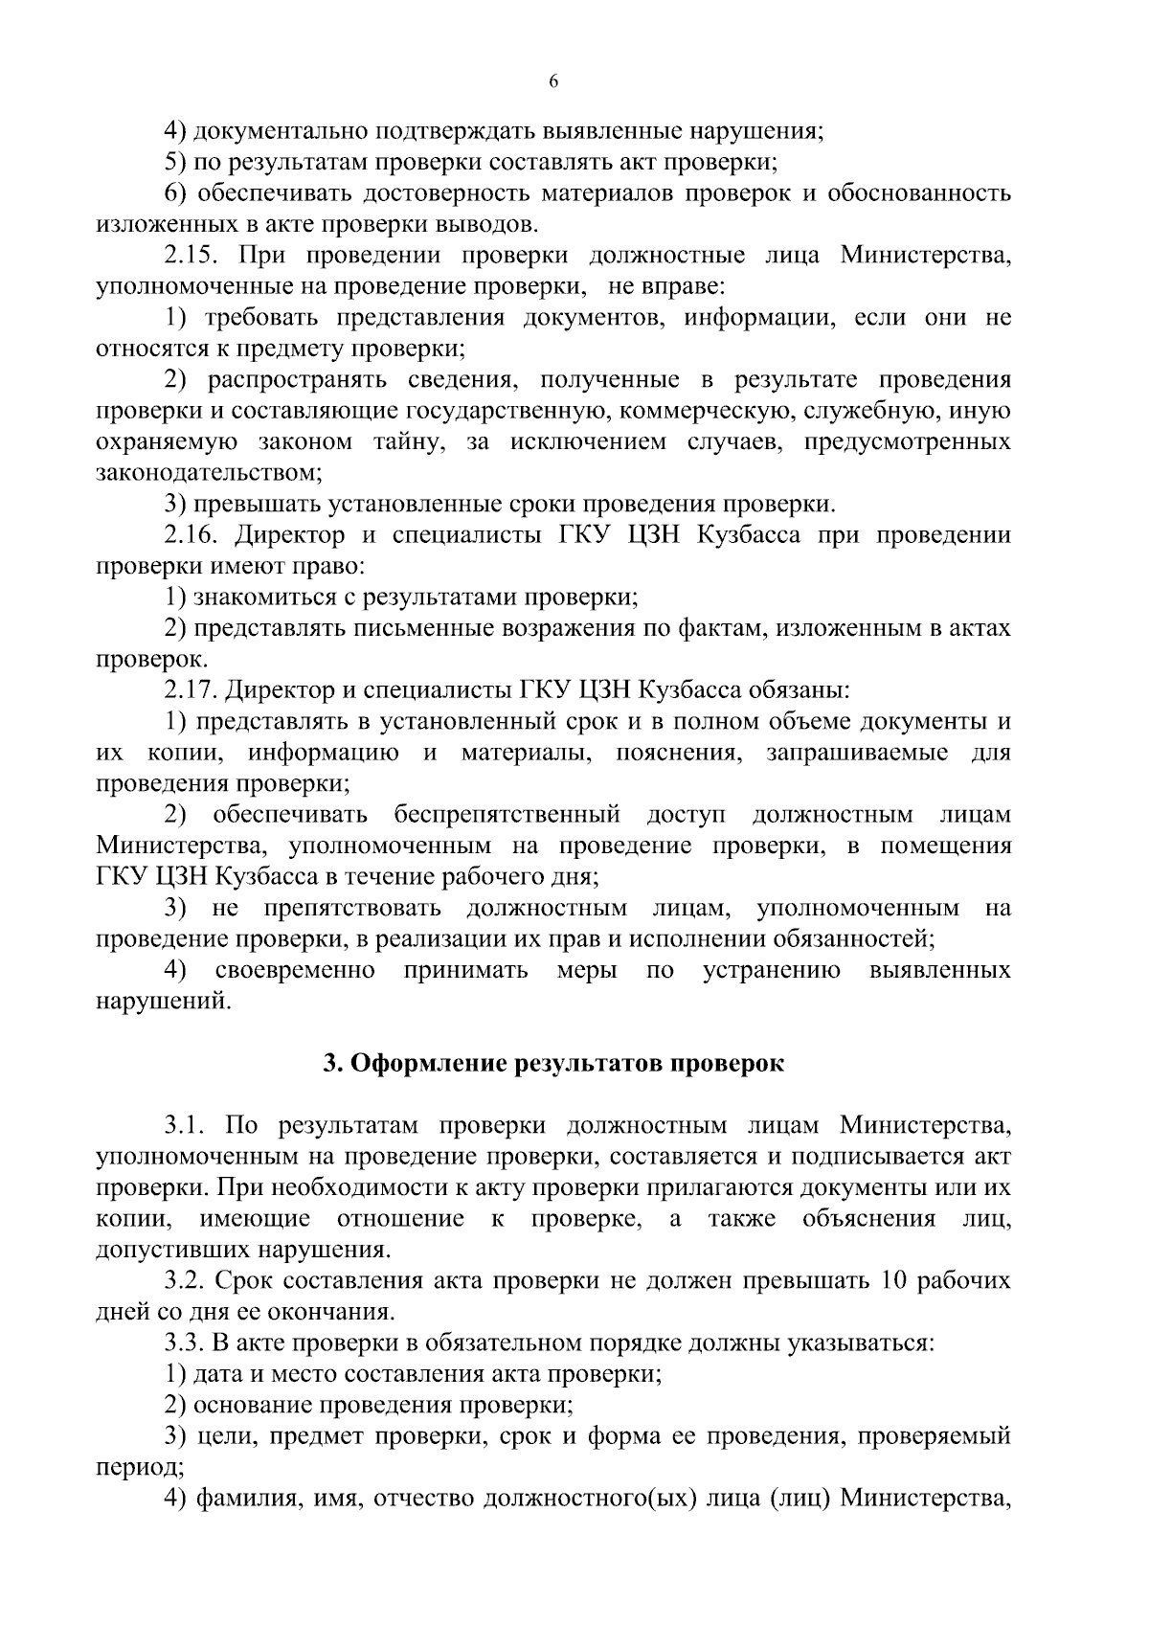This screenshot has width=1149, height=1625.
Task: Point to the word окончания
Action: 331,1311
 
